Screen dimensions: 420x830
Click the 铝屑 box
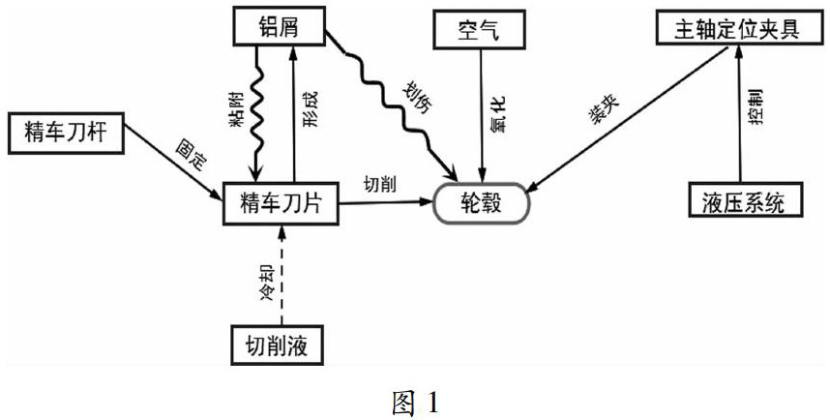pos(278,27)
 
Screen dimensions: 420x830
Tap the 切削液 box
pos(281,343)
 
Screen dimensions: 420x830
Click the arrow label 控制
pos(758,108)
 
